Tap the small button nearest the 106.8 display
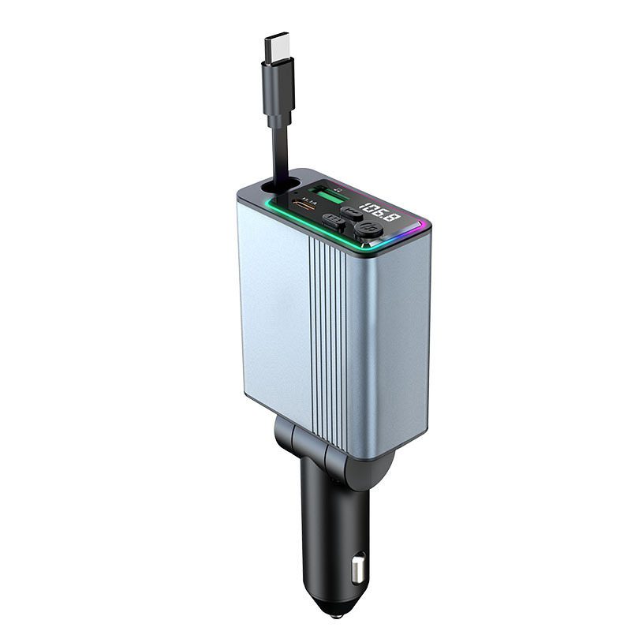(352, 213)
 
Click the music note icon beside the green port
(338, 189)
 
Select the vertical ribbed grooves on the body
(327, 331)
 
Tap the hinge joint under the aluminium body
(331, 457)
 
